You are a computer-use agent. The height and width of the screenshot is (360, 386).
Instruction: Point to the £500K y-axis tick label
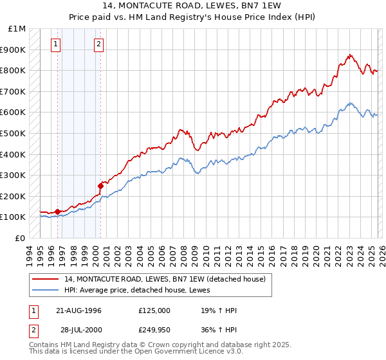[14, 134]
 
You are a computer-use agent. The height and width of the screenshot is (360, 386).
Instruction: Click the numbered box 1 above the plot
[56, 44]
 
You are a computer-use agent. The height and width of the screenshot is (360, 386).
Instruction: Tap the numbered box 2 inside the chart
[98, 44]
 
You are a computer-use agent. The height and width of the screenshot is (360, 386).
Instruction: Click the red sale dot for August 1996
[58, 212]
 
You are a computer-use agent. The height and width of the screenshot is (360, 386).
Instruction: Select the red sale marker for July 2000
[100, 186]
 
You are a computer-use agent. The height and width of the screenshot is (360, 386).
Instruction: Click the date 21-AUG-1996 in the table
[78, 310]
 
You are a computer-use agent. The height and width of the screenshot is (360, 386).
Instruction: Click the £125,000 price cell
[154, 310]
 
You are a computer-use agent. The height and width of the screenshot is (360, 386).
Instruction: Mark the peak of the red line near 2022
[349, 55]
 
